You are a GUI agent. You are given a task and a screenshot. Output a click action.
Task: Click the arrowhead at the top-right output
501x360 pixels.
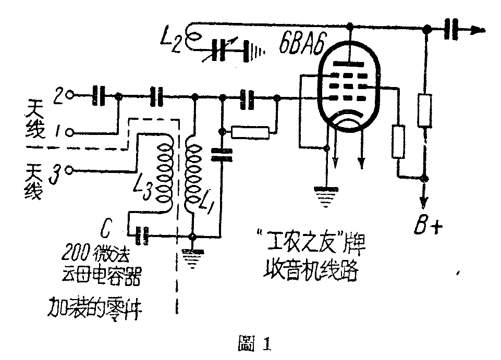[475, 30]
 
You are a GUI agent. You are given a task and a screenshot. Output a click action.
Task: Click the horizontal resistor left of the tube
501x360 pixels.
[251, 133]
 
